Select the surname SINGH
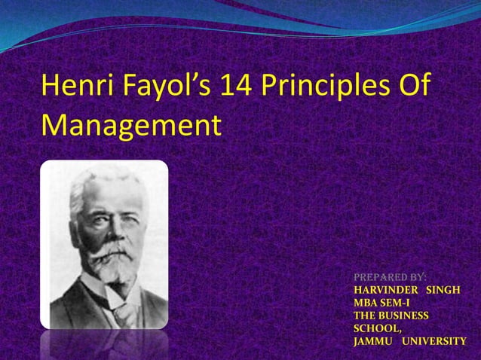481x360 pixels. point(445,290)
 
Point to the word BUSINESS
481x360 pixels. point(403,316)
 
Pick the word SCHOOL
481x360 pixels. point(377,328)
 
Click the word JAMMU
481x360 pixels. point(373,341)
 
